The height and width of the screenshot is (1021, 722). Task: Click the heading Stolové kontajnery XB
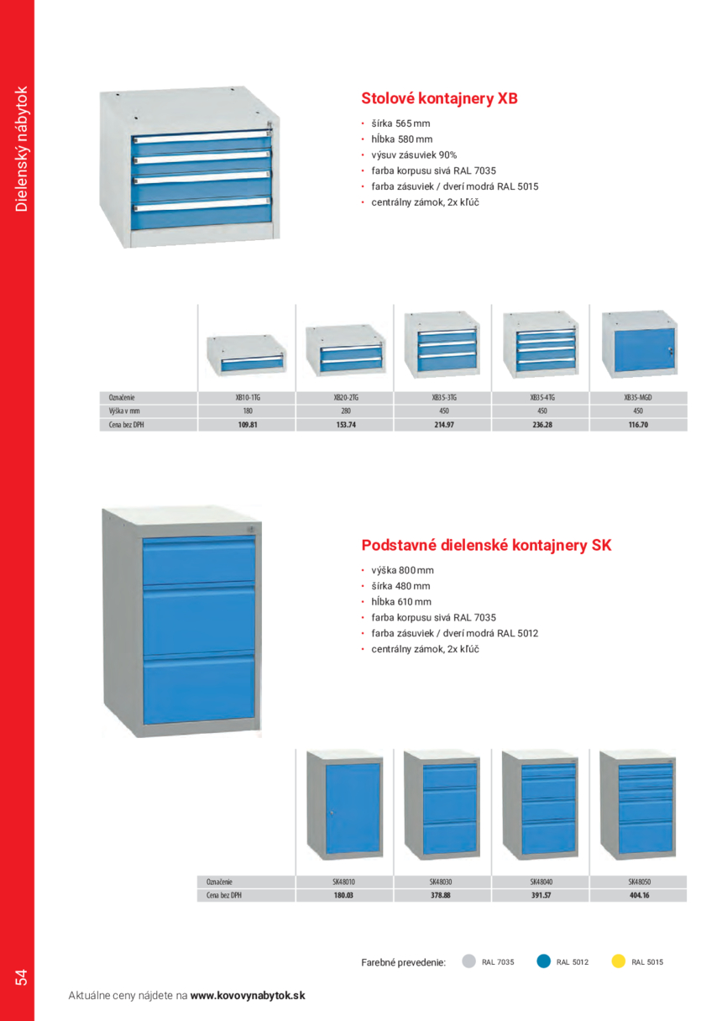[439, 98]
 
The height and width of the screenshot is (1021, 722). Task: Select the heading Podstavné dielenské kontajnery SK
[486, 545]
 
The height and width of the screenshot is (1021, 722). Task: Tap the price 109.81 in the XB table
[248, 425]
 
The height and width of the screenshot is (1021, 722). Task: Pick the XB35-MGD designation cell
[638, 397]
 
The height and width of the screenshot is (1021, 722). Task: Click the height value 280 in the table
[346, 411]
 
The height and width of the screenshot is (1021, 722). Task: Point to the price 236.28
[542, 425]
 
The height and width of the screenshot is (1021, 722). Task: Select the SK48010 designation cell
[343, 882]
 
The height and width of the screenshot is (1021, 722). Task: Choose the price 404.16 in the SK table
[639, 895]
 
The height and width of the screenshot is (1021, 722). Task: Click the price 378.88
[441, 895]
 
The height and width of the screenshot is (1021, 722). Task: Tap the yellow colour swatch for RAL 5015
[618, 961]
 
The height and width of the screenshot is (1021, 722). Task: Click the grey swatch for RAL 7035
[468, 961]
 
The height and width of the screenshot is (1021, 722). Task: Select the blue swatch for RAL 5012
[543, 961]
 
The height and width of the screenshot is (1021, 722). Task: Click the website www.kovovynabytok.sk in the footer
[248, 996]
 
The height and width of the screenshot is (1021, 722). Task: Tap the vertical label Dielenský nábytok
[22, 149]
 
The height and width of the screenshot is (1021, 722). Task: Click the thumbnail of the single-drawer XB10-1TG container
[246, 354]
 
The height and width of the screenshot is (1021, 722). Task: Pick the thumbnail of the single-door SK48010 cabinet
[344, 805]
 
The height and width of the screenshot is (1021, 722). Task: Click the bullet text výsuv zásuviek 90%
[414, 155]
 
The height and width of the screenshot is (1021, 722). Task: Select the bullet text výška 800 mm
[402, 570]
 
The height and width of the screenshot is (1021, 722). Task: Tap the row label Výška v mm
[124, 411]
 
